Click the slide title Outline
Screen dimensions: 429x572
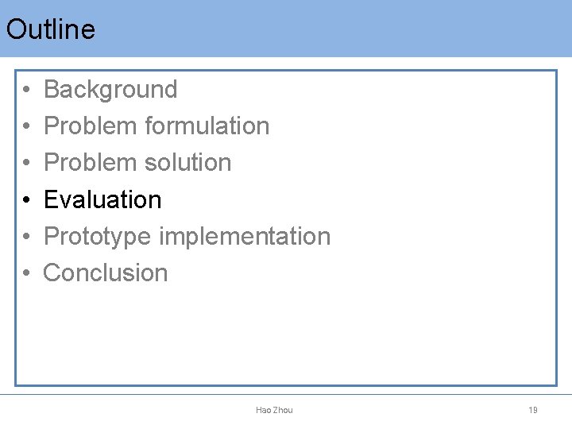pos(51,29)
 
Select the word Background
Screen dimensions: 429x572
pos(110,90)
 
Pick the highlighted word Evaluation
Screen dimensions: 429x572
pos(102,199)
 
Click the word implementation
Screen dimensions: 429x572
pos(245,236)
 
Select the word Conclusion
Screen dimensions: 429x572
pos(106,273)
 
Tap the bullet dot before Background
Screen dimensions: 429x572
pos(26,91)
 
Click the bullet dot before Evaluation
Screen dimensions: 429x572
pos(26,200)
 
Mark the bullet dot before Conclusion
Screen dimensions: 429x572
pos(26,274)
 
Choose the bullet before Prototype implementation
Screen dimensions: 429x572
pos(26,237)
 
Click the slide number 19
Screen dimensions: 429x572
pos(533,410)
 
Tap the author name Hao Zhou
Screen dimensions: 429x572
pos(274,410)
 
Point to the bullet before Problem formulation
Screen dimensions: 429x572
pos(26,127)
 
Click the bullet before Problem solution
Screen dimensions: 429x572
pos(26,164)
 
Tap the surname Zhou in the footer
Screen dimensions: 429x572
pos(283,410)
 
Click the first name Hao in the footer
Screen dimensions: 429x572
pos(264,410)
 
